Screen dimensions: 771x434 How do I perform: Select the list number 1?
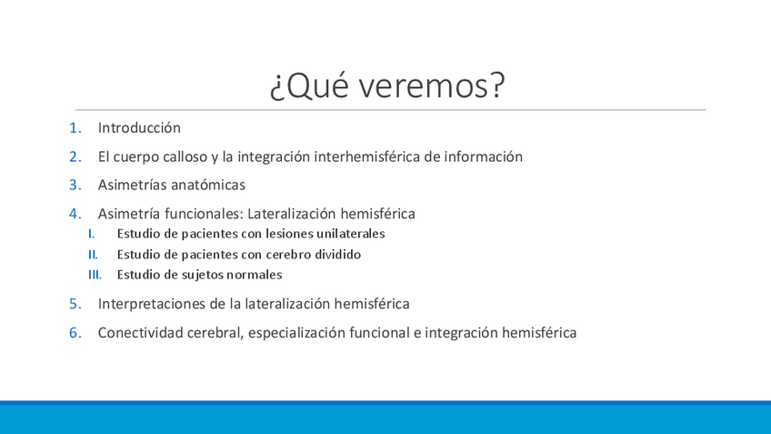click(x=75, y=128)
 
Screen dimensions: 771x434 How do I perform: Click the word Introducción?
click(x=139, y=128)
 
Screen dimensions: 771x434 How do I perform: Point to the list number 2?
click(x=75, y=157)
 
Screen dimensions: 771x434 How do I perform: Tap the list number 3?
click(x=75, y=185)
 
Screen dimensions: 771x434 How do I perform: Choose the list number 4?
click(x=75, y=214)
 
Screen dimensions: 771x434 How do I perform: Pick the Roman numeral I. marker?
click(x=92, y=234)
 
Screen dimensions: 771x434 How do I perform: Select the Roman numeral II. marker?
click(x=93, y=255)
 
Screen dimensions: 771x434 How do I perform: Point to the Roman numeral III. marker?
click(x=95, y=275)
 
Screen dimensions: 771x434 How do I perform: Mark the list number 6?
click(x=75, y=333)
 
